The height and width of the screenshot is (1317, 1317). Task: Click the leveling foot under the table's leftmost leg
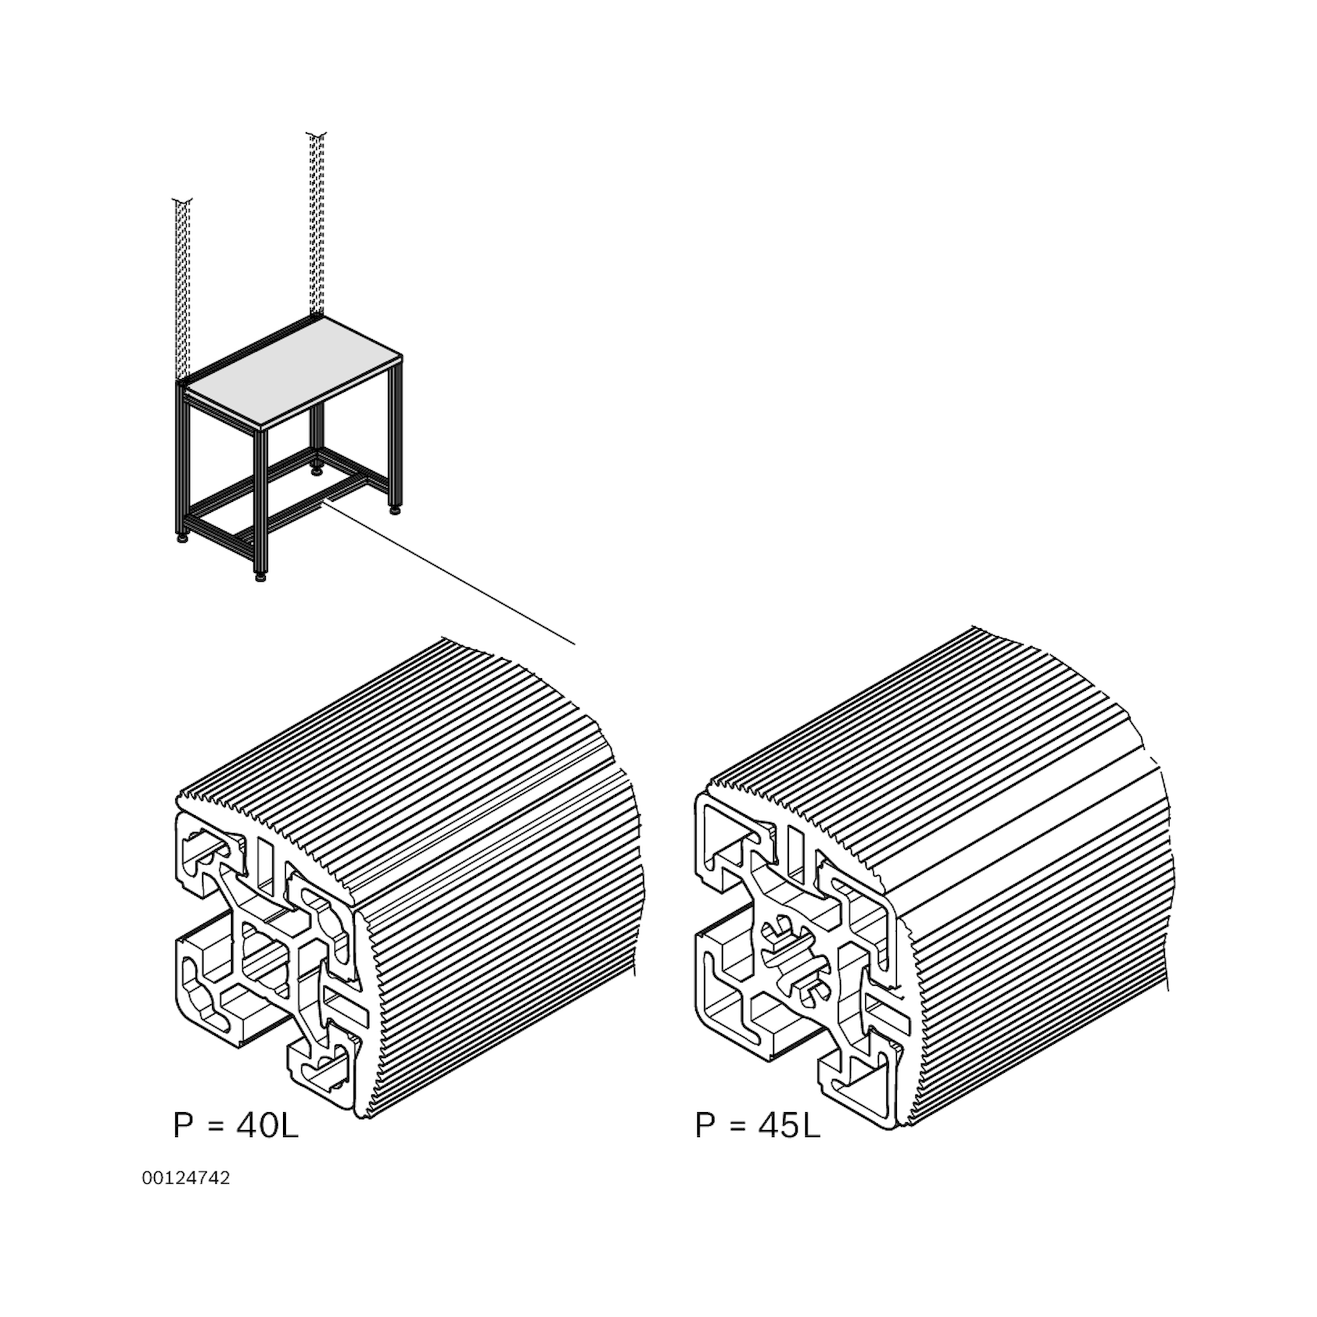[182, 538]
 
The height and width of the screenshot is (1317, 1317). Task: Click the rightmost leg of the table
[394, 437]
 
